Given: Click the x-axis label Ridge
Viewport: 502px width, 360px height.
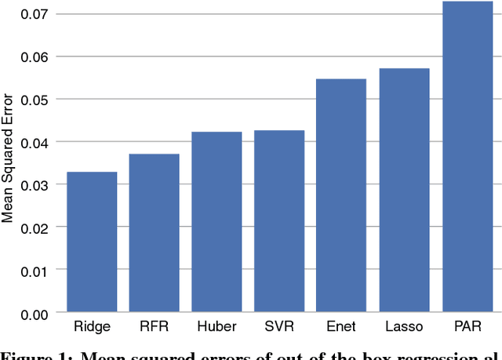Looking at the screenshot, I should pyautogui.click(x=91, y=326).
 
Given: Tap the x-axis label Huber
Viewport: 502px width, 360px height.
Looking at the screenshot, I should pyautogui.click(x=216, y=326).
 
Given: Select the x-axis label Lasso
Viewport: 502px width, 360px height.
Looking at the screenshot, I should pyautogui.click(x=404, y=326).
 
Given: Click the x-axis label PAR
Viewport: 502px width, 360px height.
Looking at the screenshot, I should pyautogui.click(x=467, y=326).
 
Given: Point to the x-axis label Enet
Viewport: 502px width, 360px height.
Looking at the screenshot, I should pyautogui.click(x=341, y=326).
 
